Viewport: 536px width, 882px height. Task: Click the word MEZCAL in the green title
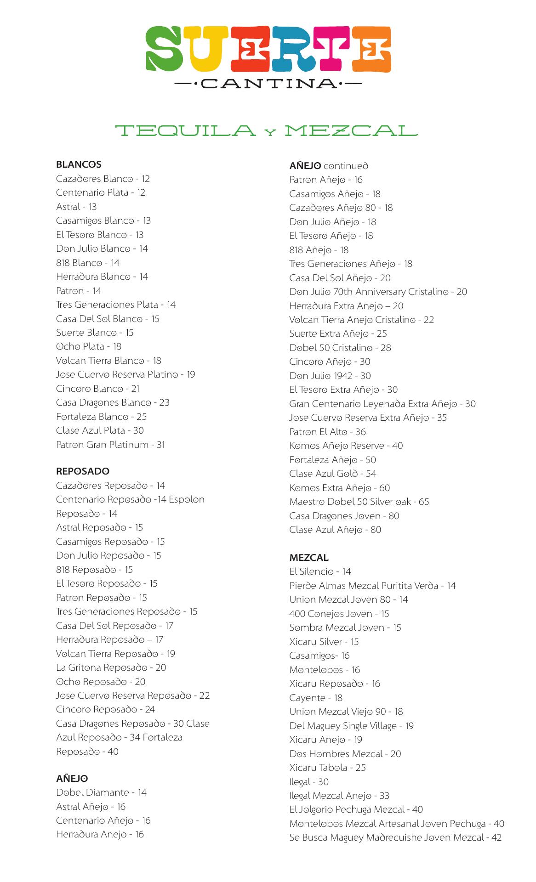click(351, 131)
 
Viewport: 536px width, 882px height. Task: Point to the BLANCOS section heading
click(79, 164)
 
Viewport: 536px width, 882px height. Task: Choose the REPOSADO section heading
click(83, 471)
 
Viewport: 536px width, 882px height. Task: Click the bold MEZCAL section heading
click(309, 558)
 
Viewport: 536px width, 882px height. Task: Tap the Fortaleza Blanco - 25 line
click(101, 417)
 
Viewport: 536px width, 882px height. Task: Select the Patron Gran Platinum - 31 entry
click(110, 445)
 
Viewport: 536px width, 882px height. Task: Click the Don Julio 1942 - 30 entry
click(330, 376)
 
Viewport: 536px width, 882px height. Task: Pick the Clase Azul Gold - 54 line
click(333, 474)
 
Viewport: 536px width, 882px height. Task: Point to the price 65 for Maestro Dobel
click(423, 502)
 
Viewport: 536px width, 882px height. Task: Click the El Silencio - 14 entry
click(320, 571)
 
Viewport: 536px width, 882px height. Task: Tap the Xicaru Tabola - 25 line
click(327, 768)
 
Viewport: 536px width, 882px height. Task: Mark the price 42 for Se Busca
click(496, 837)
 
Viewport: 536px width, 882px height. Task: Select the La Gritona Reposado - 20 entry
click(111, 667)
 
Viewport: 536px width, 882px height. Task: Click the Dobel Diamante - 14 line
click(101, 792)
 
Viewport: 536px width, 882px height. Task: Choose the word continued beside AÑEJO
click(346, 166)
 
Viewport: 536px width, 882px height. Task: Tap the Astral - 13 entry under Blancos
click(76, 207)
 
